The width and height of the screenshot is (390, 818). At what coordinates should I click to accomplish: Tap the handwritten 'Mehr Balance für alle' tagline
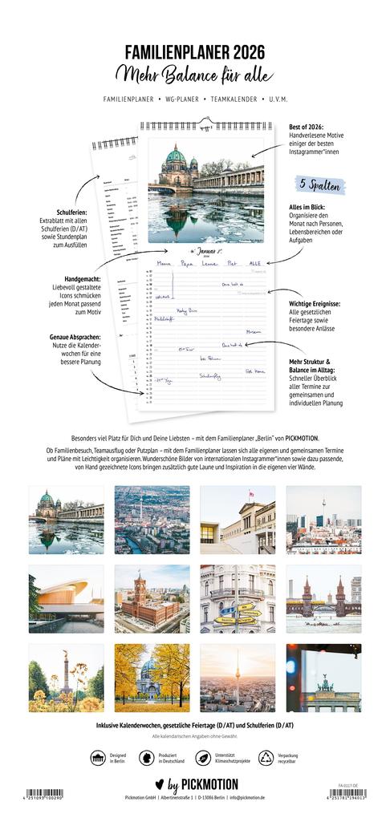click(x=195, y=75)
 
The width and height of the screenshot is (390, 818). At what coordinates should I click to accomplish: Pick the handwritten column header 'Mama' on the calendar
click(x=164, y=262)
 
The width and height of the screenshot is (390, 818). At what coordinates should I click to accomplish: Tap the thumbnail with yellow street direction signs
click(x=237, y=599)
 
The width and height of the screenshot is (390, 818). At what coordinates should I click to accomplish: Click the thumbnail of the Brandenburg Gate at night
click(x=323, y=678)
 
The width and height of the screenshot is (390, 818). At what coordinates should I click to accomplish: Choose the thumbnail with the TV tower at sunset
click(x=237, y=678)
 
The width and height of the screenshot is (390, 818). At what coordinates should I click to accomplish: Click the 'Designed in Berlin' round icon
click(x=98, y=758)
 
